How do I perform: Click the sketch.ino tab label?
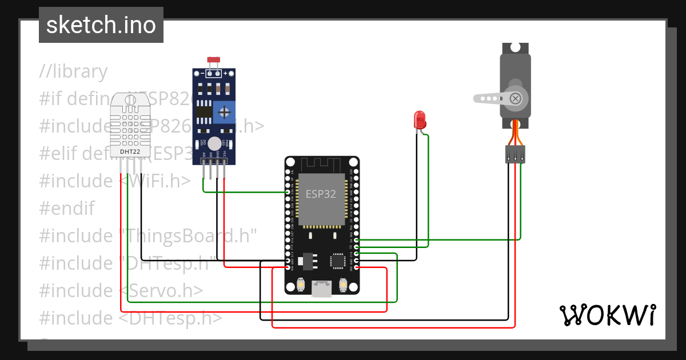coord(101,25)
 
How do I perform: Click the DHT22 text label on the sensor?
coord(130,151)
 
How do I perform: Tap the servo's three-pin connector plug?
coord(515,154)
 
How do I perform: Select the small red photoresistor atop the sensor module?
coord(214,60)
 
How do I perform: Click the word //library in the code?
coord(73,72)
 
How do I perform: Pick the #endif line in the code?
coord(67,208)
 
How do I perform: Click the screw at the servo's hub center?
coord(516,98)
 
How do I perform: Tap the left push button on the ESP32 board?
coord(301,284)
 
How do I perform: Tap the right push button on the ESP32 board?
coord(343,284)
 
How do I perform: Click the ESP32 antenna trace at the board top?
coord(322,165)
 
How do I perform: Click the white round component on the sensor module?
coord(214,143)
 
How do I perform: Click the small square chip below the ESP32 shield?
coord(337,261)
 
